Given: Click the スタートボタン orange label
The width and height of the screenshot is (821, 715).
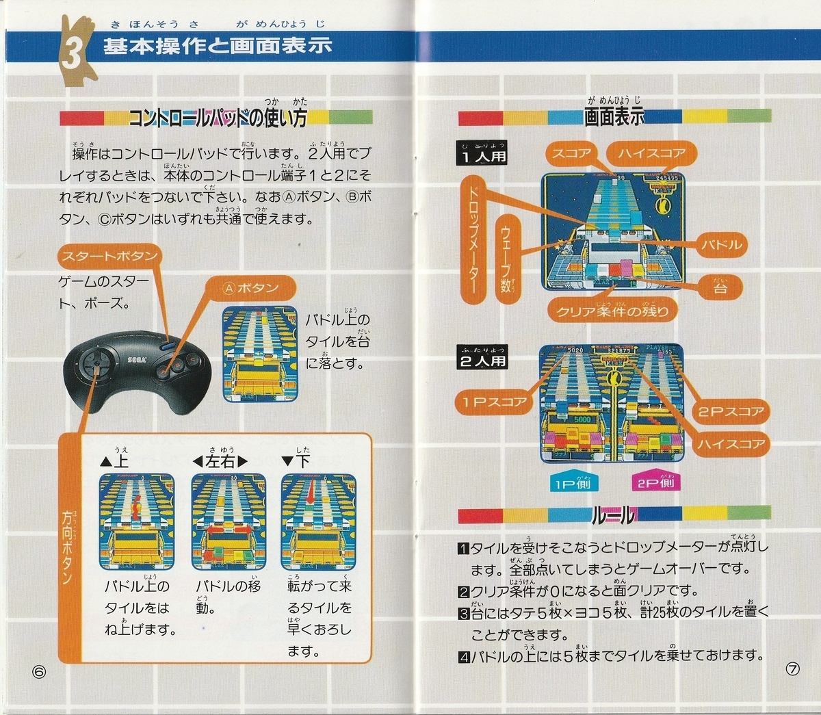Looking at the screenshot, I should (109, 257).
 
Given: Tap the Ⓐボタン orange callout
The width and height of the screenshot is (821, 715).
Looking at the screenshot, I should (251, 288).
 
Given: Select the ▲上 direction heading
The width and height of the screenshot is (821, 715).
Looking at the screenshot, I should (114, 460).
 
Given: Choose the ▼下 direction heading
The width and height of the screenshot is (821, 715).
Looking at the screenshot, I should (296, 460).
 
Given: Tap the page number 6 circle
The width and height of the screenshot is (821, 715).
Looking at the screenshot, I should (38, 671).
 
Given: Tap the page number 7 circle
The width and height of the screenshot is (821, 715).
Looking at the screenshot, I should (792, 669).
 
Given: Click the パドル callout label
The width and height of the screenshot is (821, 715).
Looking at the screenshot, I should (722, 244).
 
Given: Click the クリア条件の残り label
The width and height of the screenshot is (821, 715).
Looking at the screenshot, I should (613, 311).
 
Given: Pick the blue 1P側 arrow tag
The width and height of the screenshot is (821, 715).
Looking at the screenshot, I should (573, 482).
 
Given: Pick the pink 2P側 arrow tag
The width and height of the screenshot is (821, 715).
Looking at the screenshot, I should (655, 482).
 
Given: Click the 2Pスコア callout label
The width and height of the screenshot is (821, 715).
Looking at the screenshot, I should (731, 411).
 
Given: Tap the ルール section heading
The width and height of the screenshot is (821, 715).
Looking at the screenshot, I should (613, 515).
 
